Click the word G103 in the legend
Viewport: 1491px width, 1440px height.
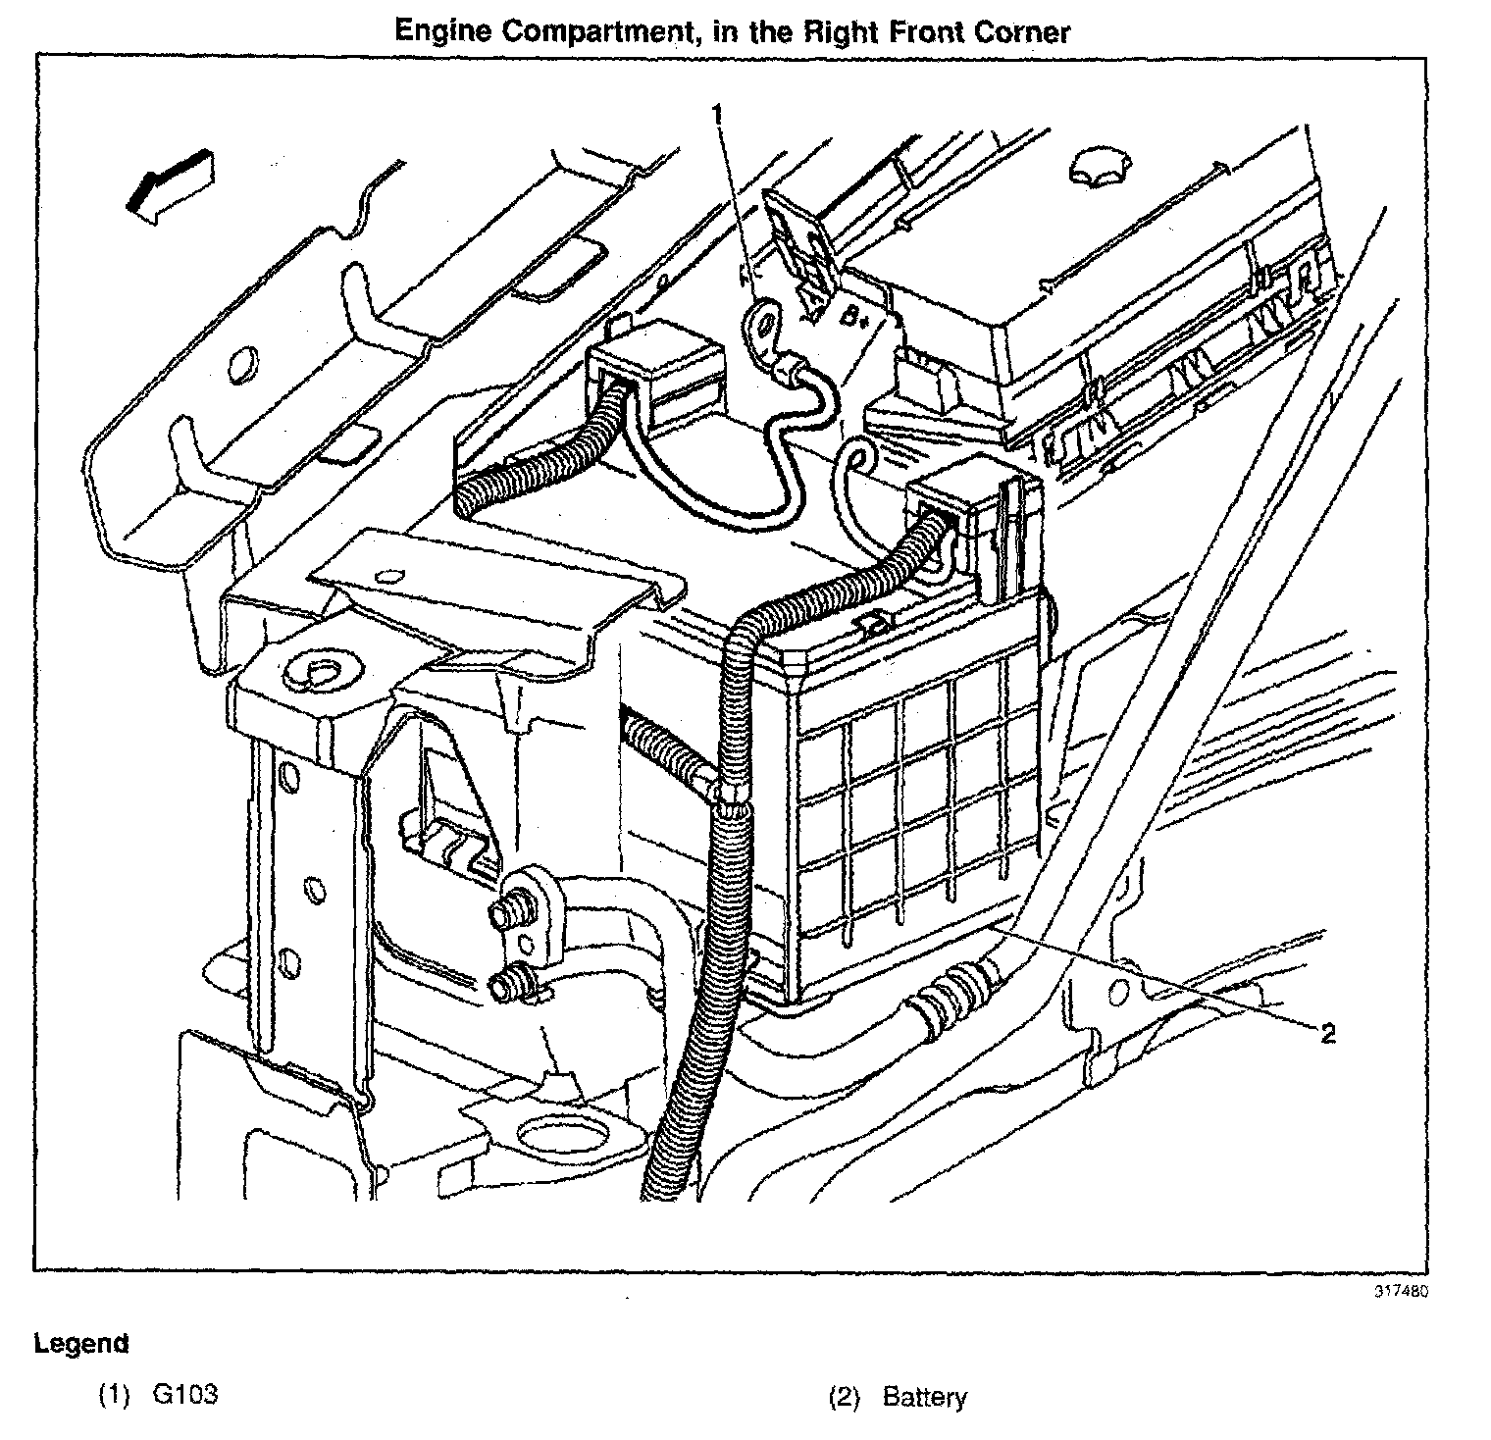pyautogui.click(x=184, y=1396)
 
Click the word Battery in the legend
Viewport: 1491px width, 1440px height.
pyautogui.click(x=924, y=1397)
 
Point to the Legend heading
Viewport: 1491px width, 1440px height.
pyautogui.click(x=80, y=1343)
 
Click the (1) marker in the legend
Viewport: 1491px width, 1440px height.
pyautogui.click(x=114, y=1396)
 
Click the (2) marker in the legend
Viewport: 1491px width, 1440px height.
pyautogui.click(x=844, y=1397)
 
